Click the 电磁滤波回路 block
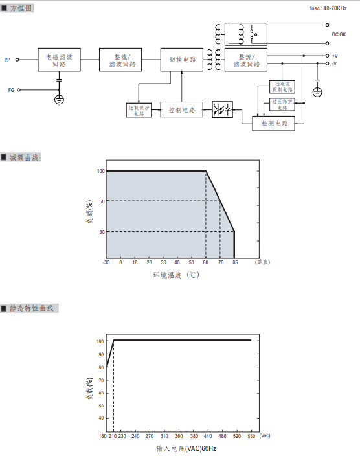(x=59, y=60)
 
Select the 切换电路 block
(x=182, y=60)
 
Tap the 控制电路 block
(x=182, y=109)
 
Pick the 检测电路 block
(x=274, y=124)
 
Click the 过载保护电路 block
(x=139, y=110)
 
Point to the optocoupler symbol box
(x=223, y=109)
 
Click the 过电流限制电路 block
(x=282, y=87)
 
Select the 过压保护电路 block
(x=282, y=104)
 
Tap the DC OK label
(x=339, y=34)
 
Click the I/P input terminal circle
(x=17, y=60)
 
